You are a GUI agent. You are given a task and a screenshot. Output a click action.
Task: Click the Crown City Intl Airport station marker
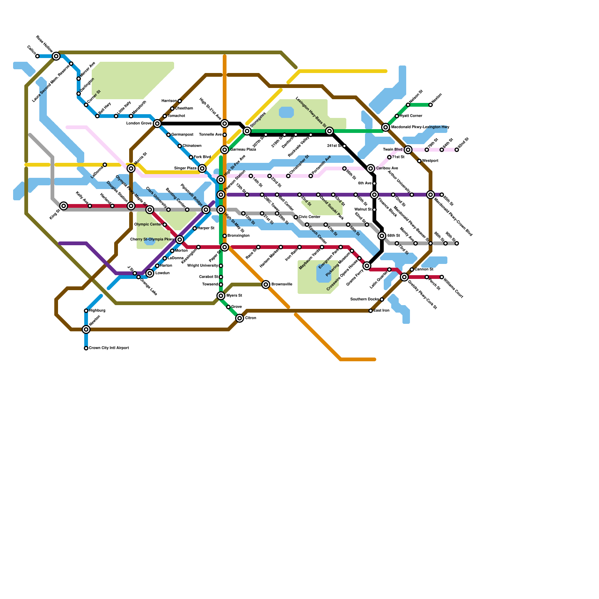tap(86, 348)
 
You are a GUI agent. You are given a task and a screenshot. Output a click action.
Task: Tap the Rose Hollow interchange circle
tap(56, 56)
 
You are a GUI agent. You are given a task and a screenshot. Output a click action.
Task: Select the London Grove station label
tap(139, 124)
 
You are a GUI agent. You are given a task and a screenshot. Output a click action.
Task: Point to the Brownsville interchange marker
tap(266, 285)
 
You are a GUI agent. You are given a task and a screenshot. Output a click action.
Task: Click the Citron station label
tap(251, 318)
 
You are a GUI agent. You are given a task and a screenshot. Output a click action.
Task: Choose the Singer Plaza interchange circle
tap(202, 168)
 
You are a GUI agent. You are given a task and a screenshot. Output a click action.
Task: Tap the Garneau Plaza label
tap(243, 150)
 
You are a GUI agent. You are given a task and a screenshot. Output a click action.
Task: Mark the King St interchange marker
tap(64, 206)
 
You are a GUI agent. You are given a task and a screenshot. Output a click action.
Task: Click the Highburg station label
tap(97, 311)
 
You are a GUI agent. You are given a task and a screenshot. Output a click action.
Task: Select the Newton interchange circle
tap(86, 329)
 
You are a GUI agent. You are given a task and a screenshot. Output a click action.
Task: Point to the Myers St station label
tap(234, 296)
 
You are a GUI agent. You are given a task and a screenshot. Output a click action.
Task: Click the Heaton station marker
tap(431, 105)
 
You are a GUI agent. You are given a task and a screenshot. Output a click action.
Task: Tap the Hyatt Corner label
tap(411, 116)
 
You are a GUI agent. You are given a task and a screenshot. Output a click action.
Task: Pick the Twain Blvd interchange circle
tap(408, 150)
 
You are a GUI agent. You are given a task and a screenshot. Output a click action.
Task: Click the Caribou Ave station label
tap(387, 168)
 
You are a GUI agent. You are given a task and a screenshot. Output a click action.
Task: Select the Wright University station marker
tap(221, 266)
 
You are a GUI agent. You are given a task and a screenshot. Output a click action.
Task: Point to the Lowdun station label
tap(162, 273)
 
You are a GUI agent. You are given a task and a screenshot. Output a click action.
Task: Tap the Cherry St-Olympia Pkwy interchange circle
tap(180, 240)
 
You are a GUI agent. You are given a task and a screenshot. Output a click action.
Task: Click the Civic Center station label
tap(309, 217)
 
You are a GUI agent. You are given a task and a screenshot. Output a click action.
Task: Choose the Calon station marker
tap(37, 56)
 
